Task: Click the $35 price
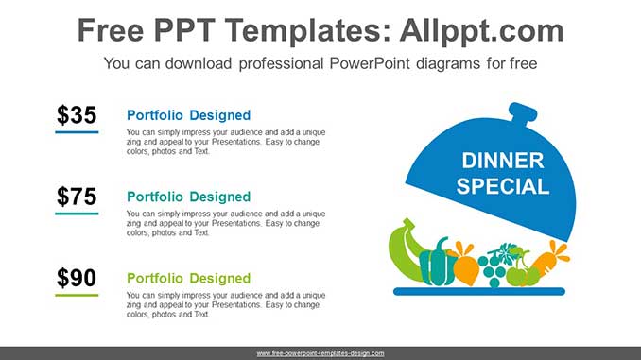(77, 115)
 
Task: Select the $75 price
(77, 197)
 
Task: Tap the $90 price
(77, 278)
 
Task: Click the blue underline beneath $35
(77, 131)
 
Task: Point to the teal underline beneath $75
(77, 214)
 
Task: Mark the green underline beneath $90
(77, 295)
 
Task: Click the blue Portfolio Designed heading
(188, 115)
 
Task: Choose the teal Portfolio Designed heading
(188, 197)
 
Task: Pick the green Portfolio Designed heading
(188, 278)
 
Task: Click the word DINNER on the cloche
(503, 161)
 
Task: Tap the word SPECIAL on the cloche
(503, 186)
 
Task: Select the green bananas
(405, 250)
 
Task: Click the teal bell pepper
(437, 264)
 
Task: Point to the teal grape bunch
(493, 266)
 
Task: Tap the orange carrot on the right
(547, 262)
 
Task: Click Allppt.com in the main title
(468, 30)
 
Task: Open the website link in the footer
(320, 352)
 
